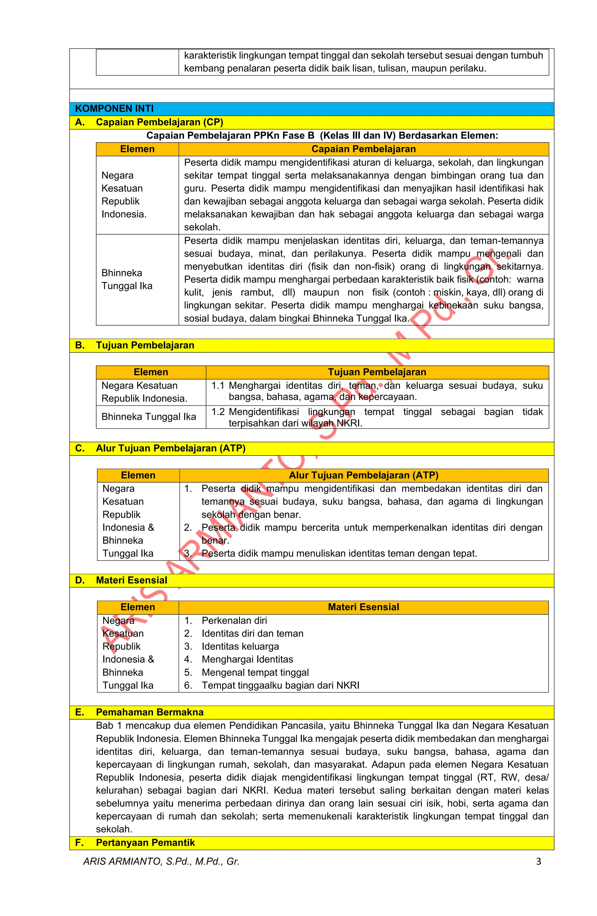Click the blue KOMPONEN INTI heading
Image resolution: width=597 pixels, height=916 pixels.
coord(114,108)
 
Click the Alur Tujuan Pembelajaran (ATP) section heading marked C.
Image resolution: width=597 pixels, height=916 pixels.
coord(170,448)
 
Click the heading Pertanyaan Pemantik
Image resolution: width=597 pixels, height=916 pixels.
coord(145,843)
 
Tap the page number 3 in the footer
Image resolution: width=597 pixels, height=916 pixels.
coord(538,861)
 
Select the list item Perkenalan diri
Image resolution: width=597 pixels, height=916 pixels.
coord(234,620)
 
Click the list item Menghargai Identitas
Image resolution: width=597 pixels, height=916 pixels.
coord(247,659)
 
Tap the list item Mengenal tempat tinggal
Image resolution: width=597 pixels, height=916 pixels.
coord(255,672)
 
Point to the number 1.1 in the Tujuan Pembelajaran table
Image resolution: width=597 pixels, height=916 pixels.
coord(218,385)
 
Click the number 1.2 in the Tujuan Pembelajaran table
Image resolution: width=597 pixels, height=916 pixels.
coord(218,412)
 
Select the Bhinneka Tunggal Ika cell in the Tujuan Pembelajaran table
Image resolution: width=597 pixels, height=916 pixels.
coord(149,416)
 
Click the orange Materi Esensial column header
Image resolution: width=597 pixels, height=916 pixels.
coord(363,607)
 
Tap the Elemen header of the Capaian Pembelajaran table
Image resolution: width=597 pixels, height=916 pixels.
coord(137,149)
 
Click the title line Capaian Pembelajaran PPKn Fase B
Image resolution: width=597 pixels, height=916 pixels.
coord(322,136)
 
